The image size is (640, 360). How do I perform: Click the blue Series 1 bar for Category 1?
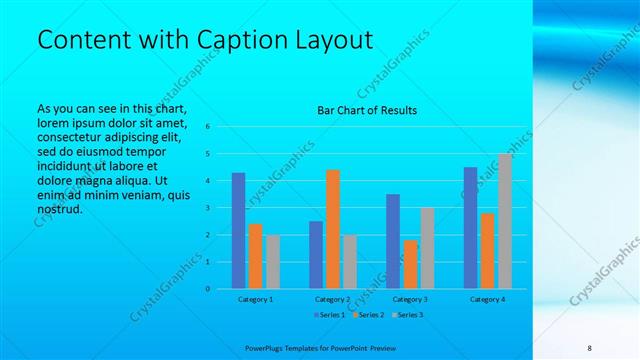click(238, 231)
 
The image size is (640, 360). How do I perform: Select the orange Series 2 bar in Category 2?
click(333, 229)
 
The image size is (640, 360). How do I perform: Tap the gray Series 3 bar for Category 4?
click(505, 221)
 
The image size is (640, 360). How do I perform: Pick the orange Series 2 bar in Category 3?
click(410, 264)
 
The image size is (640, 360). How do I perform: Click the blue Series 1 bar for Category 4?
click(470, 228)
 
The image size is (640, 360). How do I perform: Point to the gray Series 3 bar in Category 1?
click(273, 262)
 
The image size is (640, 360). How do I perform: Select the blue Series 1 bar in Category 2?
click(316, 255)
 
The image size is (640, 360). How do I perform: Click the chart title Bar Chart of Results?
click(367, 110)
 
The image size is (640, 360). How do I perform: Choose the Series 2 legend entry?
click(367, 315)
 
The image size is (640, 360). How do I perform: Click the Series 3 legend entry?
click(406, 315)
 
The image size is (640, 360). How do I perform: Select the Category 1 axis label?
click(255, 299)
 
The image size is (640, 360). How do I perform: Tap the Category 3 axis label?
click(410, 299)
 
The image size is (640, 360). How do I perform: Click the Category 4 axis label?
click(487, 299)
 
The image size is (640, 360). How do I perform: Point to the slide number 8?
click(590, 347)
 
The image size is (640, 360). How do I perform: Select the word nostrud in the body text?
click(58, 210)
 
